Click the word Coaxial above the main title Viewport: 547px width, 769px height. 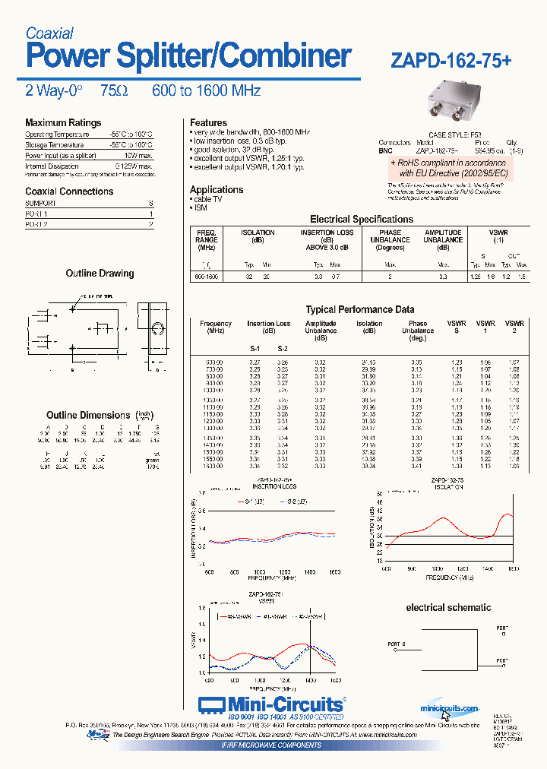[49, 33]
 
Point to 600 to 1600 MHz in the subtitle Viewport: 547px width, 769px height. [206, 91]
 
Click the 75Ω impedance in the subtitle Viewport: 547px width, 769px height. [114, 91]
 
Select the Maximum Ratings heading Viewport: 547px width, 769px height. [63, 123]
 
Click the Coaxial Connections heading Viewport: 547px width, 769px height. [69, 191]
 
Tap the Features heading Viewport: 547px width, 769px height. [208, 123]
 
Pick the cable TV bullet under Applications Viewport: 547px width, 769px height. [207, 199]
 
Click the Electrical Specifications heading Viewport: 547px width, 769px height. [362, 220]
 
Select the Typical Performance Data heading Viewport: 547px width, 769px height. [360, 309]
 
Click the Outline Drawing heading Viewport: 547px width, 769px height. [100, 274]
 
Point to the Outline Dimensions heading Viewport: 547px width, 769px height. [88, 415]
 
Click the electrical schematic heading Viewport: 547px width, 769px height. [448, 608]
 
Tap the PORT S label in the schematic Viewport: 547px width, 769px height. [396, 644]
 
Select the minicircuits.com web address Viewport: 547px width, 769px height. [448, 708]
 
